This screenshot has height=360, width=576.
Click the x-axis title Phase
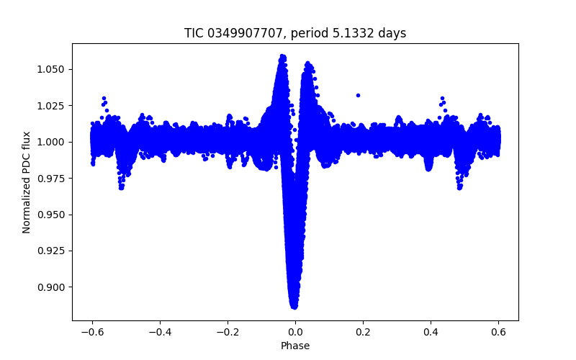point(295,346)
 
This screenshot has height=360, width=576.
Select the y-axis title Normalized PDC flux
point(27,181)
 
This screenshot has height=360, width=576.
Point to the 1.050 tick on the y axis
point(53,69)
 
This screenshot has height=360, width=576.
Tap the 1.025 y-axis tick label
point(53,106)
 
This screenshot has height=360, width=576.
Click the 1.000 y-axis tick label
point(53,142)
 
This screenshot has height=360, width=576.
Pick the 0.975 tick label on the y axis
point(53,179)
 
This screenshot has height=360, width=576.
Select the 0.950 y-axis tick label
point(53,215)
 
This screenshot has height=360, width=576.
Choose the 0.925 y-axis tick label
point(53,251)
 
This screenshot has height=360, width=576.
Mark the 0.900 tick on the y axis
point(53,287)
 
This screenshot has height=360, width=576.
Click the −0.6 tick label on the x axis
point(92,331)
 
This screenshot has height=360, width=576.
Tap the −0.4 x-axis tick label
point(160,331)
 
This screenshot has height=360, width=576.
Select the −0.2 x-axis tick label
point(228,331)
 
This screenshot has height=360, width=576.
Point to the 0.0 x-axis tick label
point(295,331)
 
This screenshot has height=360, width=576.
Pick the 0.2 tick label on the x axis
point(363,331)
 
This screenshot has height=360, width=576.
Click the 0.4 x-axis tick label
point(431,331)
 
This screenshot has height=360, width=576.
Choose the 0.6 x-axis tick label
point(498,331)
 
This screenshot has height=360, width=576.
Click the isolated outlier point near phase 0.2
point(358,95)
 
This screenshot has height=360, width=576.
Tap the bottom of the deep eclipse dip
point(294,305)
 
